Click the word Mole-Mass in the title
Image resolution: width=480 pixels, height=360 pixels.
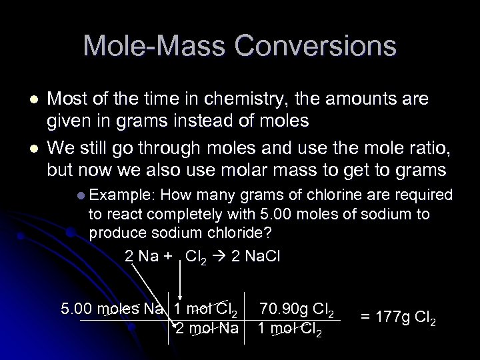pyautogui.click(x=150, y=46)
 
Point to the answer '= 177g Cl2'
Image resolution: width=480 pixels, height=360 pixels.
pyautogui.click(x=399, y=317)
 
